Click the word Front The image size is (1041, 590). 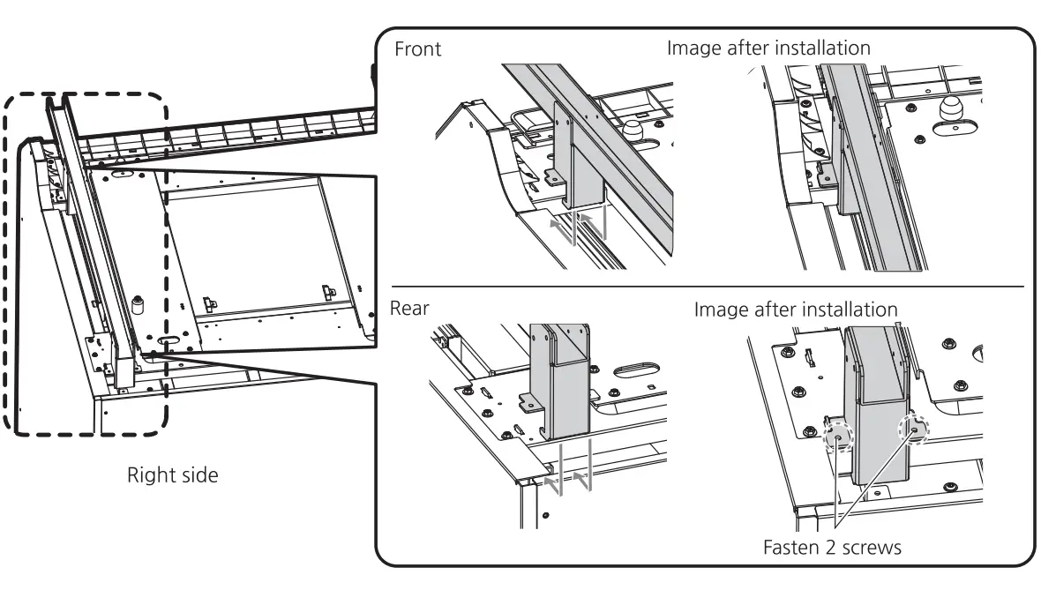pyautogui.click(x=418, y=49)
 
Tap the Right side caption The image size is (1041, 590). pyautogui.click(x=172, y=476)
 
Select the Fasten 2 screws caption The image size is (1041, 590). pyautogui.click(x=832, y=548)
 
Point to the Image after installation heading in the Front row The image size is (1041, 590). pyautogui.click(x=768, y=48)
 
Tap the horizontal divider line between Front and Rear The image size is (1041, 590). pyautogui.click(x=706, y=287)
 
